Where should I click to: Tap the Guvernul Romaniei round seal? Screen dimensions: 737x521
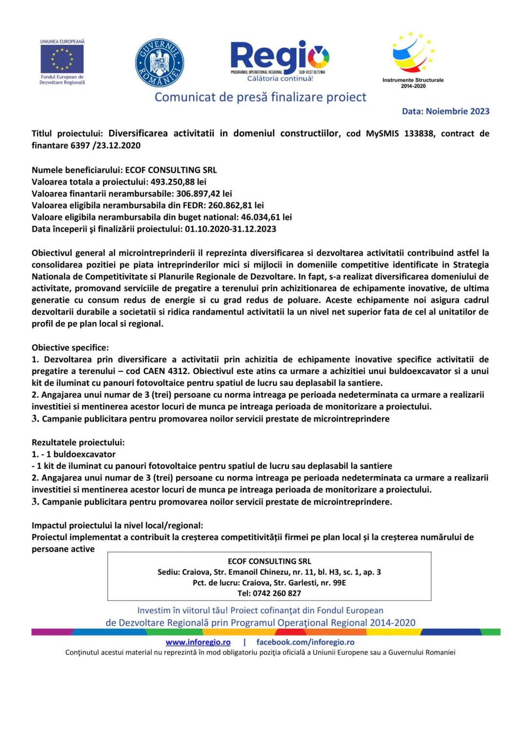159,63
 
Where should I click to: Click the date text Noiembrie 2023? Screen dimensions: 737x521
457,111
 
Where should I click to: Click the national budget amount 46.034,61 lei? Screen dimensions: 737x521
266,217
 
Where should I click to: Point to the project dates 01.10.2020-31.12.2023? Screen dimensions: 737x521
230,229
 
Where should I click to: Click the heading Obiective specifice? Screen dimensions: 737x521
70,348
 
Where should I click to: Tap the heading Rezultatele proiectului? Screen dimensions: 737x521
78,442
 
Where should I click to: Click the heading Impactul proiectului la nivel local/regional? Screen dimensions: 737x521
118,525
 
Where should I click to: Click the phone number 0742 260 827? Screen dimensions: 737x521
277,593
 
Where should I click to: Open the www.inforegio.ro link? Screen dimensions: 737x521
198,642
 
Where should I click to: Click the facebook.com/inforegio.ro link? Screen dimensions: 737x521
305,642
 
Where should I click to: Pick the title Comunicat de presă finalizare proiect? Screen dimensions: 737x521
260,97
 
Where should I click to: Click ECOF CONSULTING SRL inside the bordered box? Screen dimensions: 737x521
269,561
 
